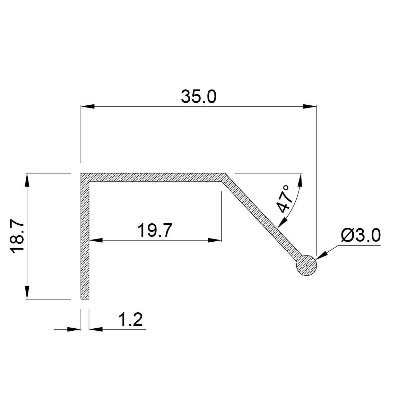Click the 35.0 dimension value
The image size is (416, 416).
point(198,97)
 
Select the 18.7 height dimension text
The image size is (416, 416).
point(17,236)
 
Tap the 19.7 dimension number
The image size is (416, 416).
point(155,230)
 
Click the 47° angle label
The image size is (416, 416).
point(284,198)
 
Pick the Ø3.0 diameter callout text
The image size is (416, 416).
point(361,235)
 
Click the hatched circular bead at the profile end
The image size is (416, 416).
point(306,266)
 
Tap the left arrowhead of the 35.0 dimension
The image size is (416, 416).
point(88,106)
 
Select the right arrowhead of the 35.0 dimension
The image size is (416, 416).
point(310,106)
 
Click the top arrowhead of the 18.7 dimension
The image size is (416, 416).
point(27,180)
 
